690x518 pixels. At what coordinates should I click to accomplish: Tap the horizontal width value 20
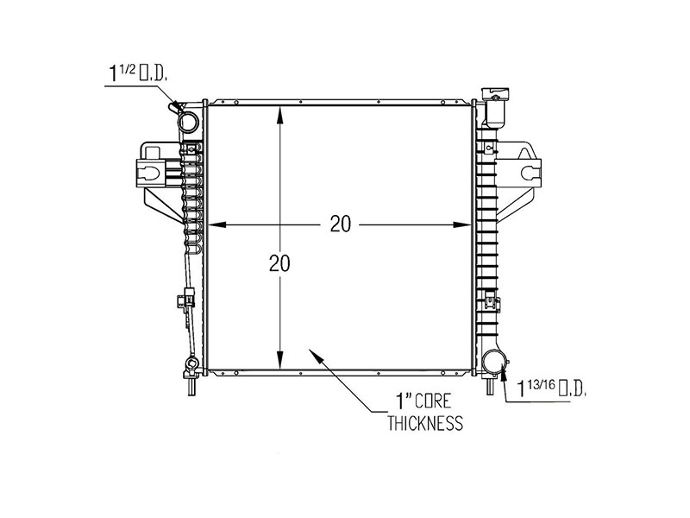[x=340, y=224]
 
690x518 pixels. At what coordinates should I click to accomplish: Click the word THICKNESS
[x=425, y=423]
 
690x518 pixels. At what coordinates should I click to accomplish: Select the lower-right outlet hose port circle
[x=495, y=362]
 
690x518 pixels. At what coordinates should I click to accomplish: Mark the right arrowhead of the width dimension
[x=464, y=224]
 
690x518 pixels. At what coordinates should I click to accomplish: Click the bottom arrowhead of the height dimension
[x=279, y=366]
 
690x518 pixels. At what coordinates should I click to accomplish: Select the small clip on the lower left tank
[x=181, y=301]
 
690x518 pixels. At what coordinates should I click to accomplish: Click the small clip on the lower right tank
[x=492, y=302]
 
